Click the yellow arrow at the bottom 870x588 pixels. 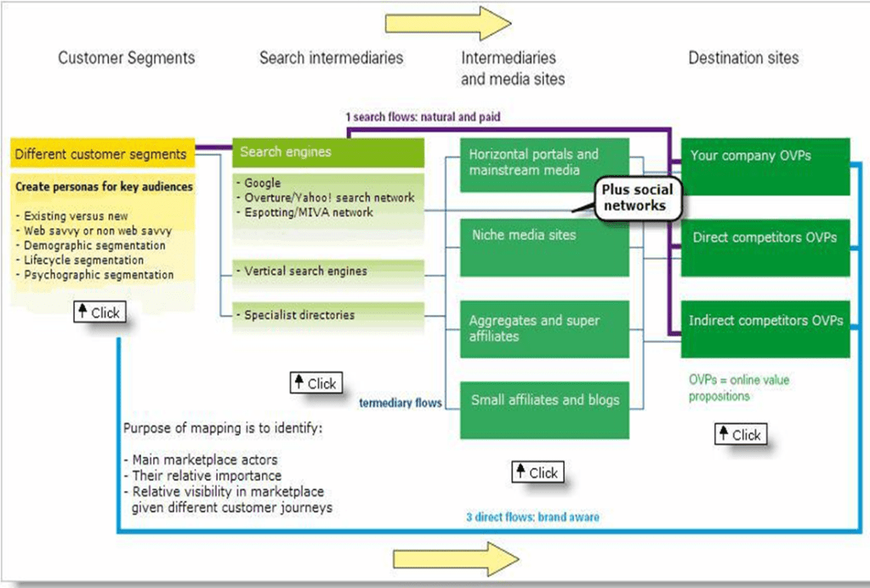tap(455, 559)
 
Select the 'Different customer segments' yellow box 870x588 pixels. tap(101, 154)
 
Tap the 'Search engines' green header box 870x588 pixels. tap(327, 152)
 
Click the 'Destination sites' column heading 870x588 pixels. tap(743, 58)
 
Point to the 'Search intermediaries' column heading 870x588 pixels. tap(331, 58)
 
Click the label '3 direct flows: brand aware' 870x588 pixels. tap(532, 517)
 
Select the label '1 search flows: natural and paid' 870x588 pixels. tap(429, 116)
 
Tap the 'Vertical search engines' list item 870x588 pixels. tap(305, 271)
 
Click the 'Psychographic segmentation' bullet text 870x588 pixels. tap(99, 275)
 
